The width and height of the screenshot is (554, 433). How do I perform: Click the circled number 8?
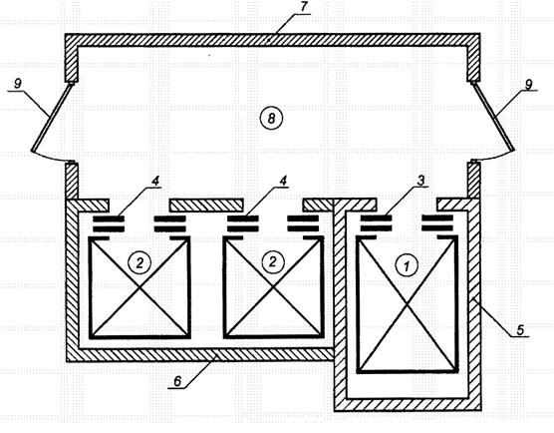pyautogui.click(x=271, y=118)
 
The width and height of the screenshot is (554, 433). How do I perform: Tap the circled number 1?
pyautogui.click(x=407, y=265)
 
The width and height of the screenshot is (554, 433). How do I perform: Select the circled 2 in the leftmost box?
pyautogui.click(x=139, y=262)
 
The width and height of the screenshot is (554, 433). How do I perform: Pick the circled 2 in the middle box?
pyautogui.click(x=273, y=261)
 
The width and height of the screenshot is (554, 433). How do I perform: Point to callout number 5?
pyautogui.click(x=520, y=329)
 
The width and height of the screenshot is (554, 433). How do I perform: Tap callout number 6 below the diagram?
pyautogui.click(x=177, y=381)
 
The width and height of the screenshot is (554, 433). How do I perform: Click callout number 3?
pyautogui.click(x=420, y=180)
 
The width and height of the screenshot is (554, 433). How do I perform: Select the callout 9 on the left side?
pyautogui.click(x=17, y=84)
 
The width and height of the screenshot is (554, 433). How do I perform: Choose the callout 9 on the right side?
pyautogui.click(x=528, y=85)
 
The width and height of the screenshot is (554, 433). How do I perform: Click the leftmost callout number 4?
pyautogui.click(x=155, y=180)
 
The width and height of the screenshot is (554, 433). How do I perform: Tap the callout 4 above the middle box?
pyautogui.click(x=283, y=180)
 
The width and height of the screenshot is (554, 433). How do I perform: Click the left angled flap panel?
pyautogui.click(x=53, y=117)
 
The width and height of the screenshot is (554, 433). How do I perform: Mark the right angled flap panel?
pyautogui.click(x=492, y=117)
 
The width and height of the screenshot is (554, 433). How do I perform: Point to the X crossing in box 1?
pyautogui.click(x=407, y=304)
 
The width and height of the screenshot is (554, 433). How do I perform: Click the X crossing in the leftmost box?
pyautogui.click(x=139, y=287)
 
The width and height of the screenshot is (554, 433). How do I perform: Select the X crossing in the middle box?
pyautogui.click(x=273, y=287)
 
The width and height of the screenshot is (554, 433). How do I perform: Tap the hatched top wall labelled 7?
pyautogui.click(x=272, y=40)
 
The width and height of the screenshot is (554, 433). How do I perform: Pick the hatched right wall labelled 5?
pyautogui.click(x=474, y=304)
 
